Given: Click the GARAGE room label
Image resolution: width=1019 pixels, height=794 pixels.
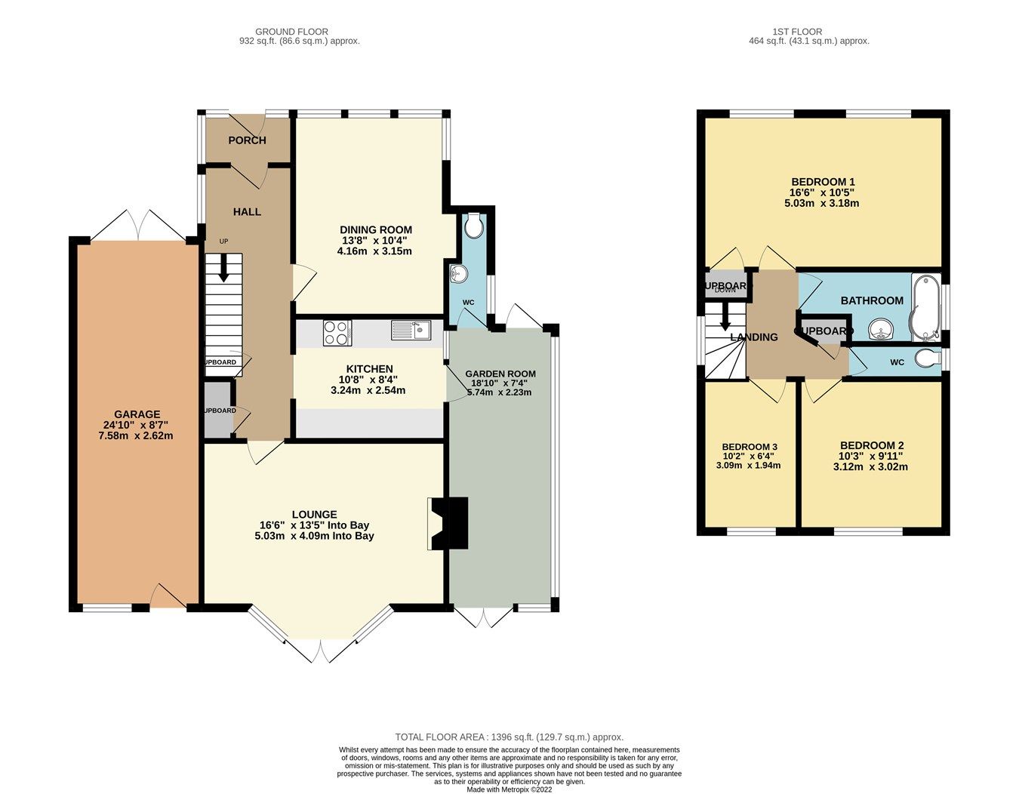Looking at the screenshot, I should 137,414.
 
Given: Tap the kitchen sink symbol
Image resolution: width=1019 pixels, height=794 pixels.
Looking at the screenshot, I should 411,330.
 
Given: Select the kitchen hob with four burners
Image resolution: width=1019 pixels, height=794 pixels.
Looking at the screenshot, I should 337,333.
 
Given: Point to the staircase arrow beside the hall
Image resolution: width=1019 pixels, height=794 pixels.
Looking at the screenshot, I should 223,268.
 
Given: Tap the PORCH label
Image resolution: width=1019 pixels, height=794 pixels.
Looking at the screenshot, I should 247,140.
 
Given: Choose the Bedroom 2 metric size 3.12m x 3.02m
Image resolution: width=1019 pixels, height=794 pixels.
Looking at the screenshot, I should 870,466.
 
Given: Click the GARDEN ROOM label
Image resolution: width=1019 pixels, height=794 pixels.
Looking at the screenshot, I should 500,374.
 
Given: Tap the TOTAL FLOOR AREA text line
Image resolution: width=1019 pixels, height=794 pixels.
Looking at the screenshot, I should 509,737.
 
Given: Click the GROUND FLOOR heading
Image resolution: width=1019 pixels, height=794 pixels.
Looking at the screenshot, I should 291,32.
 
